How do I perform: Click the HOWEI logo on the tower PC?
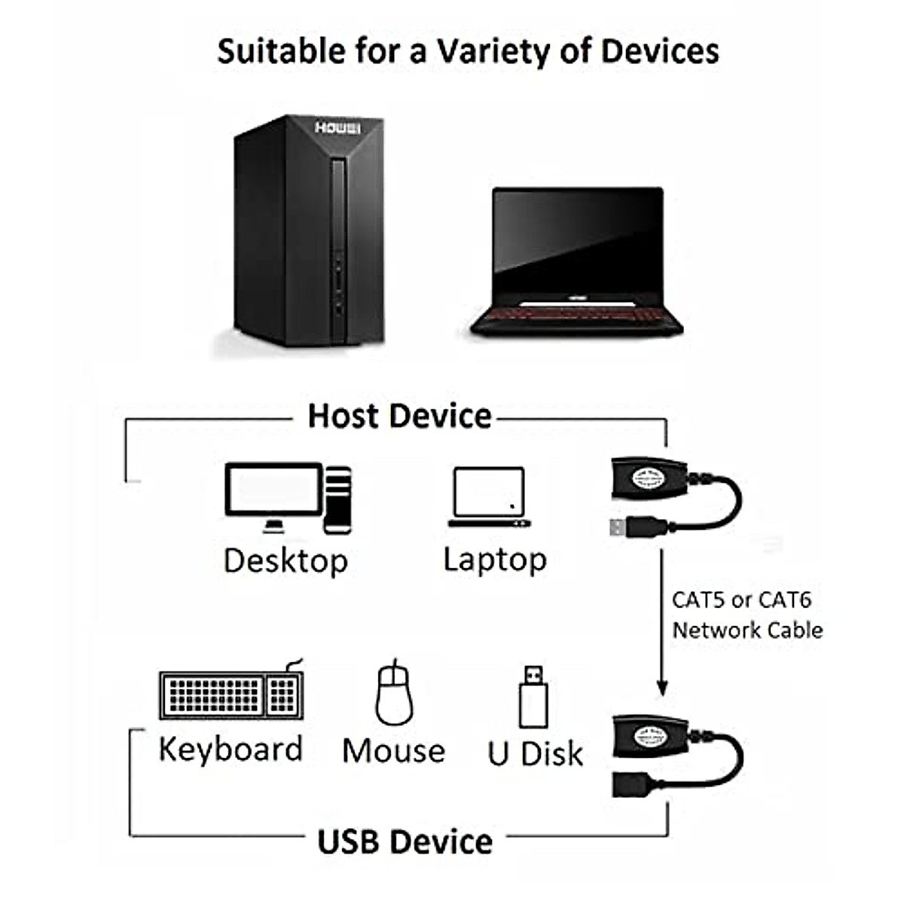[337, 128]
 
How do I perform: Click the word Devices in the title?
[660, 51]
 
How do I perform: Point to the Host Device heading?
[399, 416]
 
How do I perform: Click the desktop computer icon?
[288, 498]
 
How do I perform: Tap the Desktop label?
[286, 561]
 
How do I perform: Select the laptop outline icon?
[489, 497]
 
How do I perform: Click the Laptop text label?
[494, 560]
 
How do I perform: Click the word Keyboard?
[231, 750]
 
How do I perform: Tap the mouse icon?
[394, 693]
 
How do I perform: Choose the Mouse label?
[393, 751]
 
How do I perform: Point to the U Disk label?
[535, 753]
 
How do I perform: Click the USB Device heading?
[405, 841]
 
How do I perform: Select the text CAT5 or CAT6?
[741, 600]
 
